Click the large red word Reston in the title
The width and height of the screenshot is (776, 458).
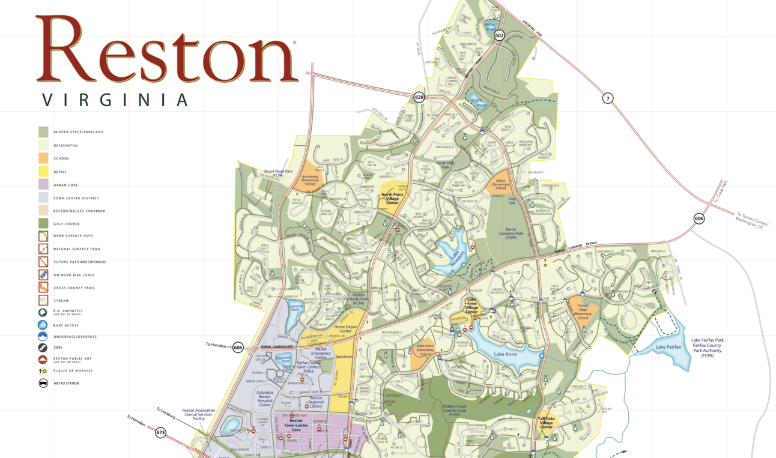coord(166,51)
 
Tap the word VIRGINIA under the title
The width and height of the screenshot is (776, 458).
coord(115,100)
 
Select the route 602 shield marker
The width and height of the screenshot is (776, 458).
coord(499,36)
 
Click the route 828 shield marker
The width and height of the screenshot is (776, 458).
coord(419,97)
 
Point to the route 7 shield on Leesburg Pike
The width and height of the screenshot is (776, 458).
coord(608,98)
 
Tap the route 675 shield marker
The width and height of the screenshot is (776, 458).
coord(160,432)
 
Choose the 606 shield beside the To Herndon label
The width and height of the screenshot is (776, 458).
coord(238,348)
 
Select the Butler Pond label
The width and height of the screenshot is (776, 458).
coord(490,27)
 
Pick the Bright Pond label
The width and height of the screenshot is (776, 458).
coord(478,103)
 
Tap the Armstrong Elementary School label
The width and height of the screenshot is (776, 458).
coord(310,179)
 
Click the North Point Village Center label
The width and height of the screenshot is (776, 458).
coord(392,199)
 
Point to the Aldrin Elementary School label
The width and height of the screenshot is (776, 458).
coord(500,184)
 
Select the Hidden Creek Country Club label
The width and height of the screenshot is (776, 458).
coord(459,409)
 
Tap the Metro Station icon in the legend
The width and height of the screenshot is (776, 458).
coord(43,383)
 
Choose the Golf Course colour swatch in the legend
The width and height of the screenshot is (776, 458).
coord(43,223)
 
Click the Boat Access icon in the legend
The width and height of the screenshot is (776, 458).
coord(43,325)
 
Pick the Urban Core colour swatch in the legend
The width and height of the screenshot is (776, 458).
coord(43,184)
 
